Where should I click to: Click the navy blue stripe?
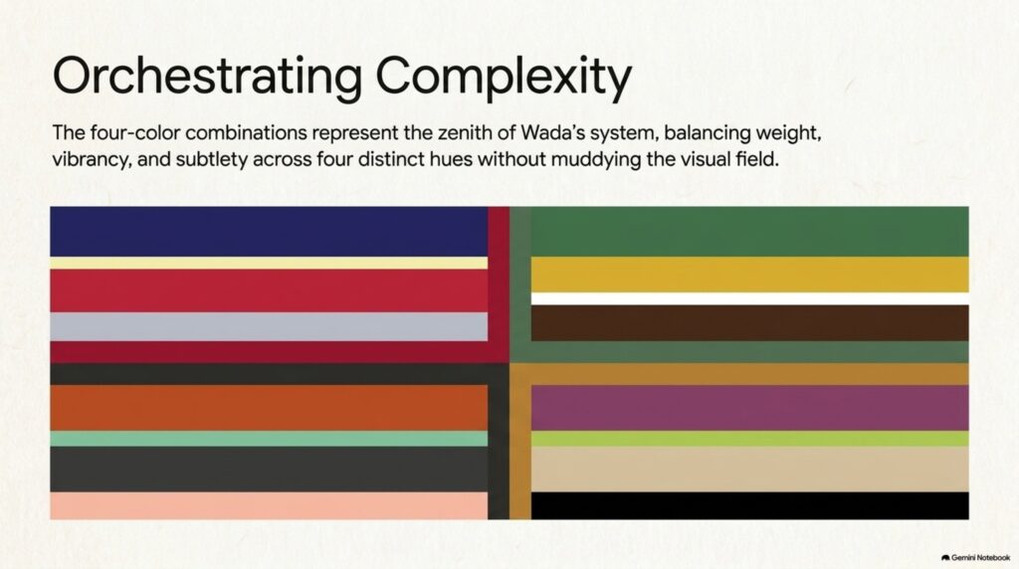(x=269, y=231)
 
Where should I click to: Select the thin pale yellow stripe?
(x=269, y=263)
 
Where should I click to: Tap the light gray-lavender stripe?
(x=269, y=326)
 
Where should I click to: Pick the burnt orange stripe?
(x=269, y=408)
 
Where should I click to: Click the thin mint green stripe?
(x=269, y=439)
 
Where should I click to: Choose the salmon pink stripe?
(x=269, y=505)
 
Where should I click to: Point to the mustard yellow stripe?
(x=750, y=275)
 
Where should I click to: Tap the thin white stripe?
(x=750, y=298)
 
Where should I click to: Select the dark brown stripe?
(x=750, y=323)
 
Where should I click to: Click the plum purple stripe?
(x=750, y=408)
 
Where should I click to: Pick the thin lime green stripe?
(x=750, y=439)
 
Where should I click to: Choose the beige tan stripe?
(x=750, y=469)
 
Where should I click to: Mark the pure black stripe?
(x=750, y=505)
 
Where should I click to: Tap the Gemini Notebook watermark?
(x=975, y=557)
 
